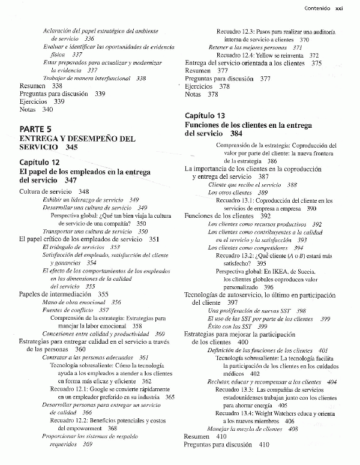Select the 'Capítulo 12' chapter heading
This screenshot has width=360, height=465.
click(40, 163)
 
